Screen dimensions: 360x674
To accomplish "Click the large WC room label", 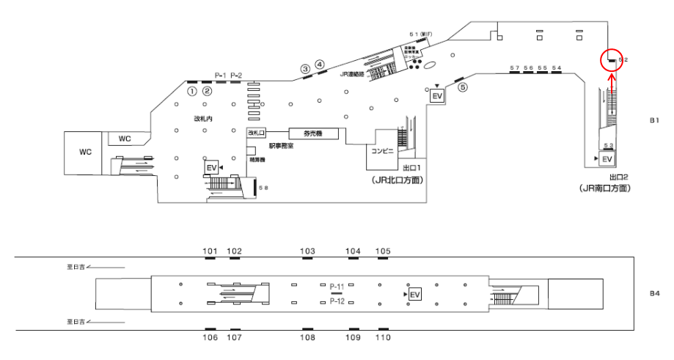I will pyautogui.click(x=85, y=151).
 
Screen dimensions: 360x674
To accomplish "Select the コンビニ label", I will pyautogui.click(x=383, y=150).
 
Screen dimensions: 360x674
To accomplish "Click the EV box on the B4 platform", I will pyautogui.click(x=415, y=294).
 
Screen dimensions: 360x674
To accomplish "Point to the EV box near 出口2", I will pyautogui.click(x=607, y=159).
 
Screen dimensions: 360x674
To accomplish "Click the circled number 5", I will pyautogui.click(x=462, y=87).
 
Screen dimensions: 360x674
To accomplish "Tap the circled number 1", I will pyautogui.click(x=192, y=92).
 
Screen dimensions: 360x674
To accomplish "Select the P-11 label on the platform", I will pyautogui.click(x=337, y=286).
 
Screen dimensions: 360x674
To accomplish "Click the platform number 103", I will pyautogui.click(x=308, y=251).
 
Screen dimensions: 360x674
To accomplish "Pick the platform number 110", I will pyautogui.click(x=383, y=337).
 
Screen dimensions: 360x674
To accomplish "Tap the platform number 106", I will pyautogui.click(x=210, y=337).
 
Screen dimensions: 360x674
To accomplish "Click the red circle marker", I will pyautogui.click(x=611, y=60).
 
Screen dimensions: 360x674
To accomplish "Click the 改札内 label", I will pyautogui.click(x=202, y=117).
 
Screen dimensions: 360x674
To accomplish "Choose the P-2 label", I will pyautogui.click(x=236, y=76).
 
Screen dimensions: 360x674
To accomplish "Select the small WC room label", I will pyautogui.click(x=125, y=138).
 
